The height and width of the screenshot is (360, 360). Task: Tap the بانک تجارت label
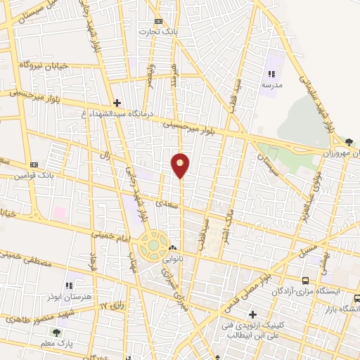(156, 32)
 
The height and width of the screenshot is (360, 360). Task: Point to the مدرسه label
(271, 84)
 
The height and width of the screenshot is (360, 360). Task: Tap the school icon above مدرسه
(271, 73)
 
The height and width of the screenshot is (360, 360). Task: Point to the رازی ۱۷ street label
(113, 306)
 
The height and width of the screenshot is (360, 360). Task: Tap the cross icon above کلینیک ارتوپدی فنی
(253, 314)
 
